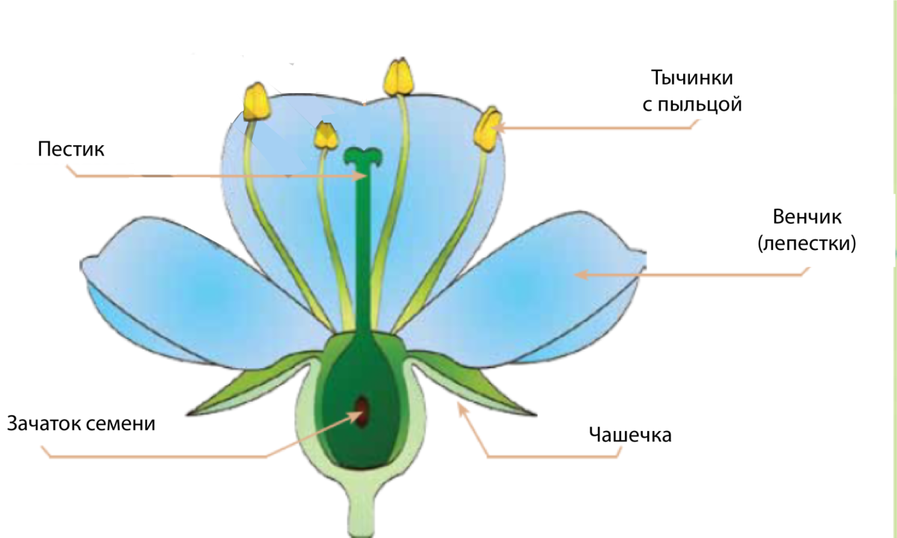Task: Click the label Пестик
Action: (x=71, y=148)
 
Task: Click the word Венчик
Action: (x=807, y=218)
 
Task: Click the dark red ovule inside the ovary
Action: (x=363, y=412)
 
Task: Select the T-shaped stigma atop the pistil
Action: (x=363, y=156)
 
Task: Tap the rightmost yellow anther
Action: (x=488, y=129)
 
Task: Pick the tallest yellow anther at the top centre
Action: (x=398, y=76)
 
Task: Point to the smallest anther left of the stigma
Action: (x=327, y=135)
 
